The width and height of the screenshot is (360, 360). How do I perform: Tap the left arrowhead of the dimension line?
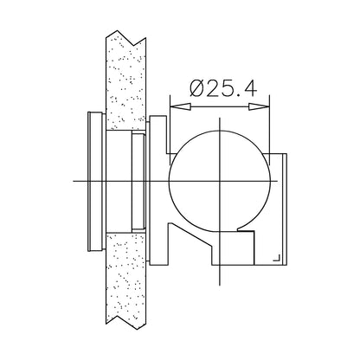coord(180,106)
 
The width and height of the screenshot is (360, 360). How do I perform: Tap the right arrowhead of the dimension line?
coord(259,106)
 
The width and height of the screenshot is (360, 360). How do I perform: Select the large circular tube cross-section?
coord(220,131)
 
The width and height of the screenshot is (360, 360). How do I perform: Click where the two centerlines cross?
coord(220,181)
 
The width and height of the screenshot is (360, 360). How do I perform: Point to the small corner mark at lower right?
coord(277,258)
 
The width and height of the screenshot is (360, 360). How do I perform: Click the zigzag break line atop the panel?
coord(125,38)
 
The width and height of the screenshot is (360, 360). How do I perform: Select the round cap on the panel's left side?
coord(96,181)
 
